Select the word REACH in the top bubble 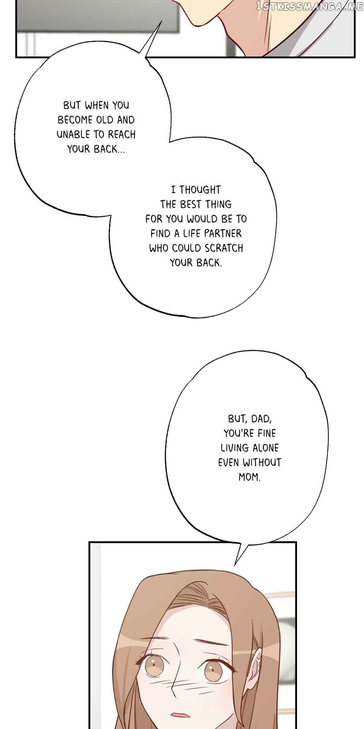point(122,135)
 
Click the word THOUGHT point(200,190)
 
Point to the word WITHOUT point(262,463)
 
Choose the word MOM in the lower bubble point(249,477)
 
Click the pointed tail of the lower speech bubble point(235,565)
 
